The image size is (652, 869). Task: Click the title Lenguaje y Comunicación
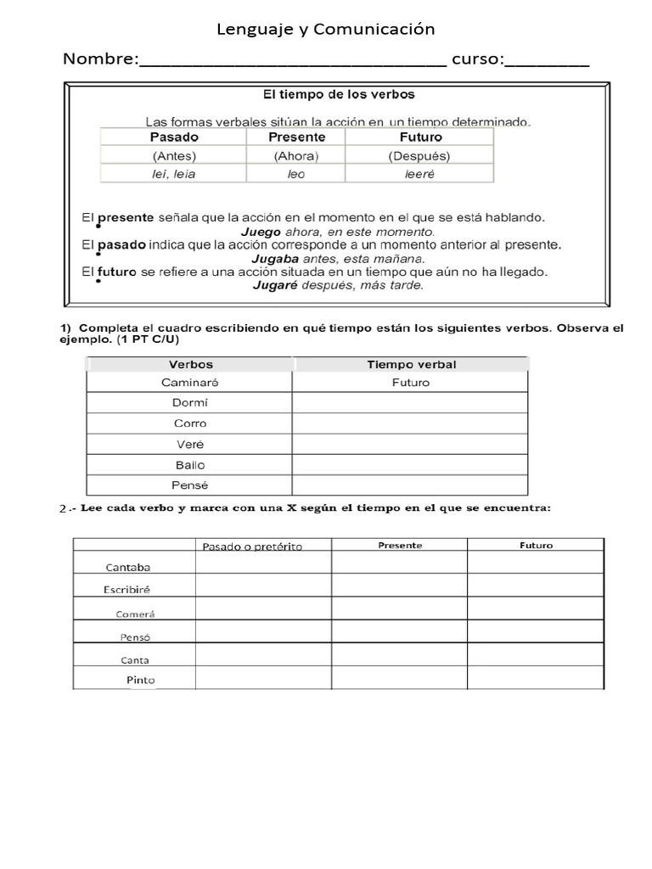click(x=326, y=30)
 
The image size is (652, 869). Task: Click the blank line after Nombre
click(x=292, y=61)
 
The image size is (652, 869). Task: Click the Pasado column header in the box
click(x=174, y=137)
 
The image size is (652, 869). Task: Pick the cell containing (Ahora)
click(x=295, y=156)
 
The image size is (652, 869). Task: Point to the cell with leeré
click(x=419, y=174)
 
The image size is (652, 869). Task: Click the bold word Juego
click(x=261, y=231)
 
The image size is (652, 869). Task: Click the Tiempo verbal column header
click(x=411, y=364)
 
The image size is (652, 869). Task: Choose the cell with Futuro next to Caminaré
click(x=411, y=383)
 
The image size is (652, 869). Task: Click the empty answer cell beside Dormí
click(x=411, y=403)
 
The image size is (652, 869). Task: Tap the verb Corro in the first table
click(x=190, y=423)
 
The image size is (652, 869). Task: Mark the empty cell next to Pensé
click(x=411, y=485)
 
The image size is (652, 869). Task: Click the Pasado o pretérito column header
click(x=252, y=546)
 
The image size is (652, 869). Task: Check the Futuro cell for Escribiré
click(x=536, y=586)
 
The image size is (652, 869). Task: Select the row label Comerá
click(x=136, y=614)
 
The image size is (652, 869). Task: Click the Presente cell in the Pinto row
click(x=399, y=678)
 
